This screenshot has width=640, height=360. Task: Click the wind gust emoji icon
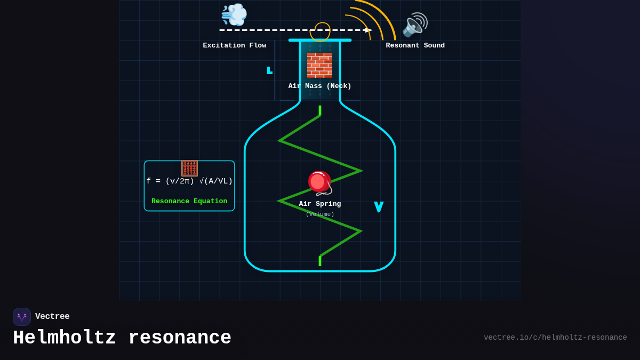234,14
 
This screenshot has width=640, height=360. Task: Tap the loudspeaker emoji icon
415,25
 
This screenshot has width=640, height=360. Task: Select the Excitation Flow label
234,46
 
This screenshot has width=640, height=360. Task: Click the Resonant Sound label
415,46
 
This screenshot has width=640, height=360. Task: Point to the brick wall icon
319,65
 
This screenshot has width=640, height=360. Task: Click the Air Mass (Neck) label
319,86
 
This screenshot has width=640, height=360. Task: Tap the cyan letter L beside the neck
269,70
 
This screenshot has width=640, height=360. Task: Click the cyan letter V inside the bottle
379,207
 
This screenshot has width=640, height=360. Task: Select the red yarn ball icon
319,183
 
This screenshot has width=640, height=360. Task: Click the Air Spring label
319,204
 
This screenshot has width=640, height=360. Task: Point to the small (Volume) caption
319,214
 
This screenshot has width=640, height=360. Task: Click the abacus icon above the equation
189,168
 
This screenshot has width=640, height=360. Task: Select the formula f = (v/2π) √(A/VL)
189,181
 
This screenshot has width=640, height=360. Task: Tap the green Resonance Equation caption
189,202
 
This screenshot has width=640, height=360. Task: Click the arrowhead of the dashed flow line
367,30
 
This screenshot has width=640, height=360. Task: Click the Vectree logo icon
22,317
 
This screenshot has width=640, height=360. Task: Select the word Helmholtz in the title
65,338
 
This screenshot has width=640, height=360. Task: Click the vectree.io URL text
555,338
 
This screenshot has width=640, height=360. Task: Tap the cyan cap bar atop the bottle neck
319,40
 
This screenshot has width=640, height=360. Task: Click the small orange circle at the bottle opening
322,32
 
